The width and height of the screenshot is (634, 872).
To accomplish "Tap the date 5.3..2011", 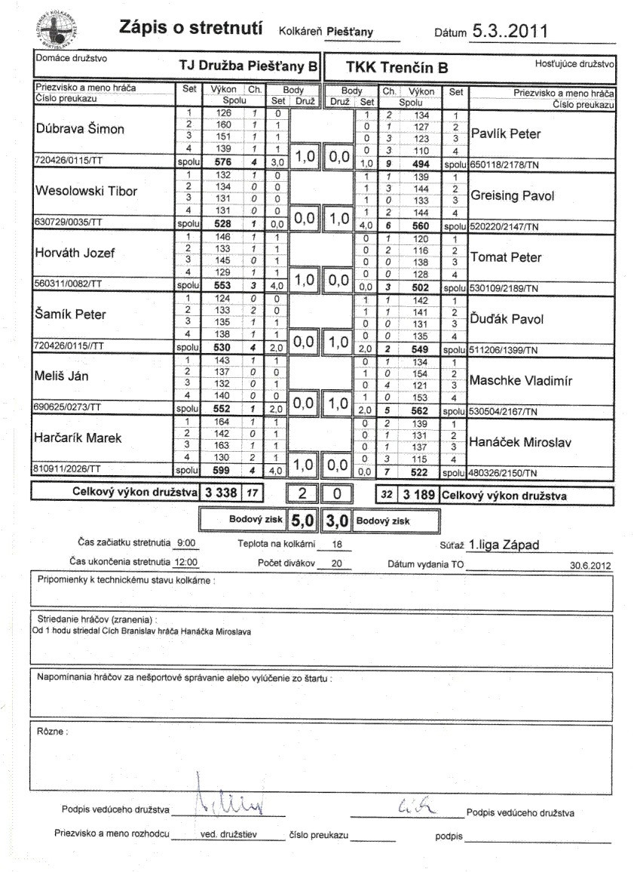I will point(509,31).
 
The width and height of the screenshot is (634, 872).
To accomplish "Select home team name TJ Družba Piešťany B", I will point(248,66).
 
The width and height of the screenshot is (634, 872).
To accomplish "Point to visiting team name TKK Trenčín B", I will point(397,67).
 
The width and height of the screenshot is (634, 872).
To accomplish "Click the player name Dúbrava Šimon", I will point(81,129).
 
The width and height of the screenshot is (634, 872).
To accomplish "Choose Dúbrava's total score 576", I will point(217,161).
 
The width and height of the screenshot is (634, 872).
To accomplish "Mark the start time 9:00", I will point(183,545).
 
